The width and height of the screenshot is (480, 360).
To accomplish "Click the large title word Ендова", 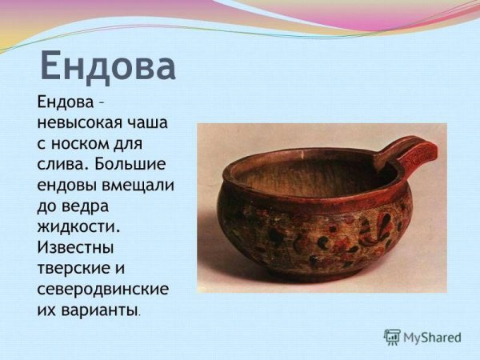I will tap(107, 66).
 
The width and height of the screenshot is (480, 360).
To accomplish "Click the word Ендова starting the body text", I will tap(65, 103).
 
